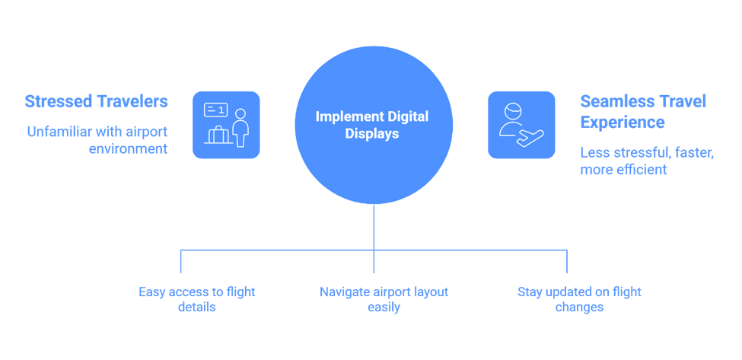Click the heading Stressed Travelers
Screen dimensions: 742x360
[96, 101]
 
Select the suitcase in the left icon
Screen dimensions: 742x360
[218, 135]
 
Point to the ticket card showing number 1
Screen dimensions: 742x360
[215, 110]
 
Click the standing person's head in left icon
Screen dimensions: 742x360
[241, 114]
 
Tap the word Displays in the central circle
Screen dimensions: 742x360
[372, 134]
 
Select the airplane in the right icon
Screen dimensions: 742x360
[530, 138]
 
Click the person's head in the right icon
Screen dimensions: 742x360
[514, 113]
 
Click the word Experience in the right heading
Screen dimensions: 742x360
[623, 122]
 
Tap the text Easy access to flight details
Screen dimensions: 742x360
[197, 299]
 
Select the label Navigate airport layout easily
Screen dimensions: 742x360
[384, 299]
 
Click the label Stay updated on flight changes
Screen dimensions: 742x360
[579, 299]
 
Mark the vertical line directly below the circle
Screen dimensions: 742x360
[374, 238]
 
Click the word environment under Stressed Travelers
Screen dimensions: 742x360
[129, 148]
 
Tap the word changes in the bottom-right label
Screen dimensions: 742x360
[579, 307]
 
